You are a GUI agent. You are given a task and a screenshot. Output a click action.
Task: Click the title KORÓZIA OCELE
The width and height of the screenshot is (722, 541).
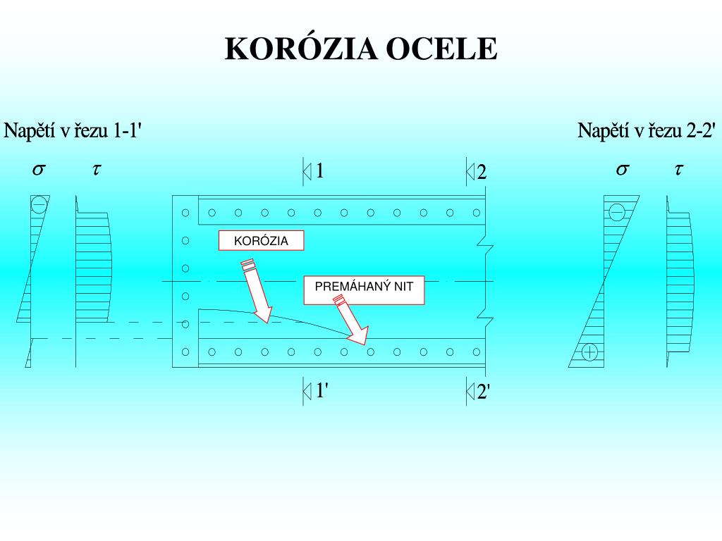361,49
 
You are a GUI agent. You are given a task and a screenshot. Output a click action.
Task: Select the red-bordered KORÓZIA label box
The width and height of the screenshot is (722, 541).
262,241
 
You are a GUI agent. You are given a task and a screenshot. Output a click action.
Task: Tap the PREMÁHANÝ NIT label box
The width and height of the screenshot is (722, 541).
364,290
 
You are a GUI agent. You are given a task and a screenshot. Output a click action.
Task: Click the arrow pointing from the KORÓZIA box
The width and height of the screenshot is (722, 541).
255,292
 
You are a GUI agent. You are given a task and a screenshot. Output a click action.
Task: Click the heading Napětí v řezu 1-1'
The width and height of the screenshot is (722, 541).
74,131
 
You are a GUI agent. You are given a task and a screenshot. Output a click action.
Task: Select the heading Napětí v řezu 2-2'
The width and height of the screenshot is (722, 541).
647,131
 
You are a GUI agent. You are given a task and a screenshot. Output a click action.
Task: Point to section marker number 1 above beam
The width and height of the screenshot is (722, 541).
319,171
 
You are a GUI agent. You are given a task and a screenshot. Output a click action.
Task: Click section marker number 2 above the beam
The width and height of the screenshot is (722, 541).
482,173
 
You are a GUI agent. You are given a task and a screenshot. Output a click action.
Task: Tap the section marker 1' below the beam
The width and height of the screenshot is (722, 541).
320,390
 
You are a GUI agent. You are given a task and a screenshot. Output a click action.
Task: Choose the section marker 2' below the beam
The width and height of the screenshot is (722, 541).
483,392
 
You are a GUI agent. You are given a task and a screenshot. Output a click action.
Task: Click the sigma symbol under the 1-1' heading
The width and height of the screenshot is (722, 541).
39,169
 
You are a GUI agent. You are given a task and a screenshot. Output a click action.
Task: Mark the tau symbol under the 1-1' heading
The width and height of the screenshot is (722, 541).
97,169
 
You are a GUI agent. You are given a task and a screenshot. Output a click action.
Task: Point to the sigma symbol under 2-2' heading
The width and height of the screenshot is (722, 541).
622,169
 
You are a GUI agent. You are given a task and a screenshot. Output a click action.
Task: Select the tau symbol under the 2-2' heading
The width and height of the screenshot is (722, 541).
679,169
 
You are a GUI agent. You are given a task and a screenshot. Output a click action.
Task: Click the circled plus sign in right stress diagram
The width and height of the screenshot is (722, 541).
590,352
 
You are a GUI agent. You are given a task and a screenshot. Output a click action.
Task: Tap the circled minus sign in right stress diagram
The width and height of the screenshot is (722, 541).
617,211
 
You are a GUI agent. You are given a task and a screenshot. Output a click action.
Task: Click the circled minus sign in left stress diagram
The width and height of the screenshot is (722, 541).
39,205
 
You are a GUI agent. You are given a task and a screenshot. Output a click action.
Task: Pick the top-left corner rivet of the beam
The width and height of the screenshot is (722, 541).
185,212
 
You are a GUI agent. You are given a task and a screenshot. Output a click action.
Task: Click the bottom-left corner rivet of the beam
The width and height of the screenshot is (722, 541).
185,352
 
